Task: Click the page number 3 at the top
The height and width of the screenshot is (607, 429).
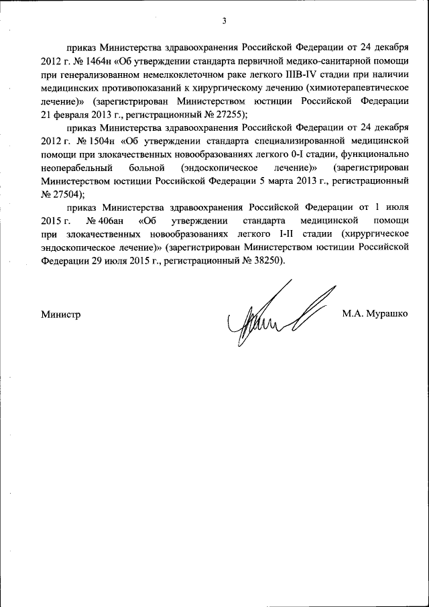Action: click(x=225, y=21)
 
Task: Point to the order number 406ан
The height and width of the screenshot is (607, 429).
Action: click(x=101, y=221)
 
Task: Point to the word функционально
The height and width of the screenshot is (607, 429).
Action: click(x=375, y=154)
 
